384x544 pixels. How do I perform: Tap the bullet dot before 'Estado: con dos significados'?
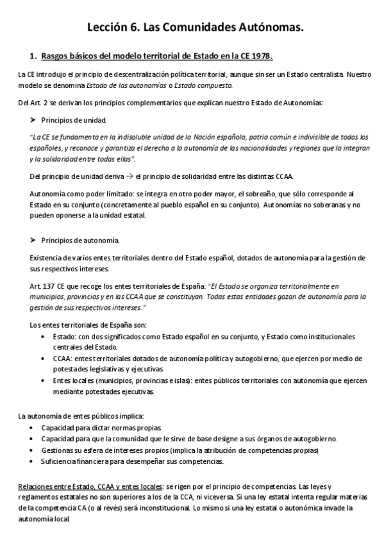pos(43,336)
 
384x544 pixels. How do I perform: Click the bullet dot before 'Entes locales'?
pos(43,380)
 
